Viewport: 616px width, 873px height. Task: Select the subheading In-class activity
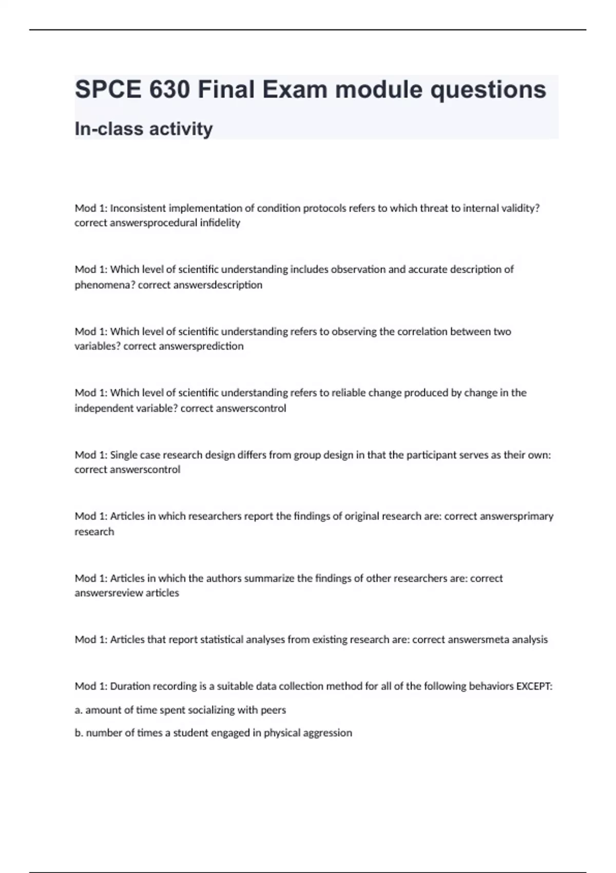[x=144, y=128]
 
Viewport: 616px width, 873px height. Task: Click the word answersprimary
[x=516, y=516]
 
